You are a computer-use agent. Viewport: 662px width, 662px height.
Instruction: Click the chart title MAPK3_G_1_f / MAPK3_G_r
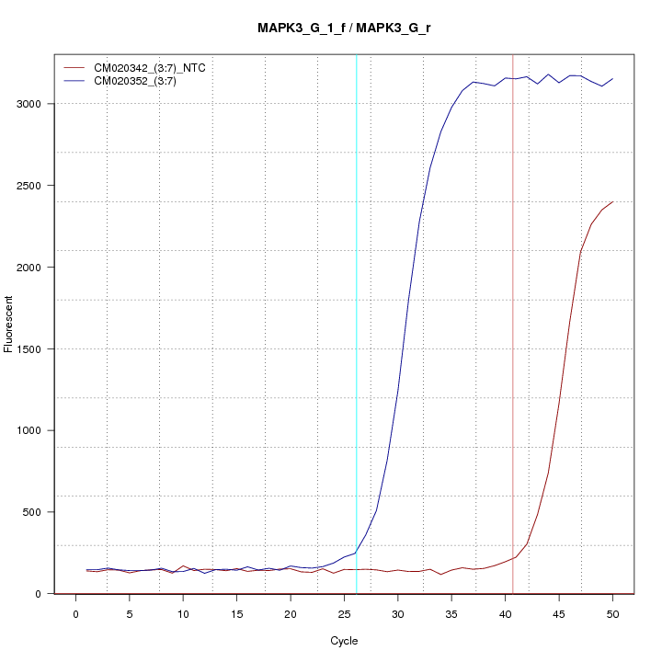click(345, 28)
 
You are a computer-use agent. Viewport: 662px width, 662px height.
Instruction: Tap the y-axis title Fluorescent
click(9, 324)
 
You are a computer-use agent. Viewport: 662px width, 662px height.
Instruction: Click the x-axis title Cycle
click(344, 641)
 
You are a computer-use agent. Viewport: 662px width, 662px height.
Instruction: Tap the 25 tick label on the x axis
click(344, 614)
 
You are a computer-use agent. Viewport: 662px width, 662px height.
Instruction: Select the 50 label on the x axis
click(612, 614)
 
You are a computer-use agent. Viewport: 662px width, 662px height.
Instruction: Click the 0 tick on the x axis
click(75, 614)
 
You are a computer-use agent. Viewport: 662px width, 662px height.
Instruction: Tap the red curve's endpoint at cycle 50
click(612, 201)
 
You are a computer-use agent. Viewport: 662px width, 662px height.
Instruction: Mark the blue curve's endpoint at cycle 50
click(612, 78)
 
